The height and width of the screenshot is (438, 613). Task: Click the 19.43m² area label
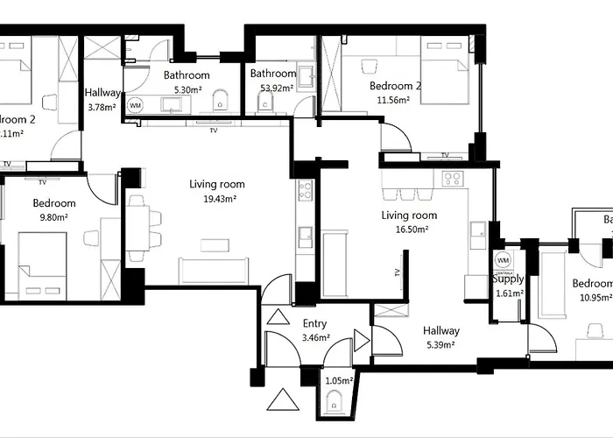(x=217, y=199)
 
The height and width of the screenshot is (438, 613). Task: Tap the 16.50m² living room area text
(x=409, y=230)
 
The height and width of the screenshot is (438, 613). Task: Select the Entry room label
(x=314, y=324)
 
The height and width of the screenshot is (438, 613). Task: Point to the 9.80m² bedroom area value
(x=54, y=217)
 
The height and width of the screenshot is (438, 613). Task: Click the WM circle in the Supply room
(x=503, y=260)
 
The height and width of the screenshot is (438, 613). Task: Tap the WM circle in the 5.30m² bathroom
(x=135, y=105)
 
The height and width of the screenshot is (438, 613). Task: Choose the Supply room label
(x=507, y=279)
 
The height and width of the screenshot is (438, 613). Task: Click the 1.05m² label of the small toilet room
(x=338, y=381)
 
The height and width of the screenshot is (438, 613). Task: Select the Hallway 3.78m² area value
(x=102, y=108)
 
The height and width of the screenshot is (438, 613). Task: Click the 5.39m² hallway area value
(x=440, y=345)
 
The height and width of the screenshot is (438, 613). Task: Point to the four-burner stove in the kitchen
(x=452, y=180)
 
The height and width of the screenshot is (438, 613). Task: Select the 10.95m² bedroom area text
(x=592, y=298)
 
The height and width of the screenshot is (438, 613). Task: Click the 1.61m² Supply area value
(x=507, y=293)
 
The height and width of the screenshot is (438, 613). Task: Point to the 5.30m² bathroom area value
(x=188, y=89)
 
